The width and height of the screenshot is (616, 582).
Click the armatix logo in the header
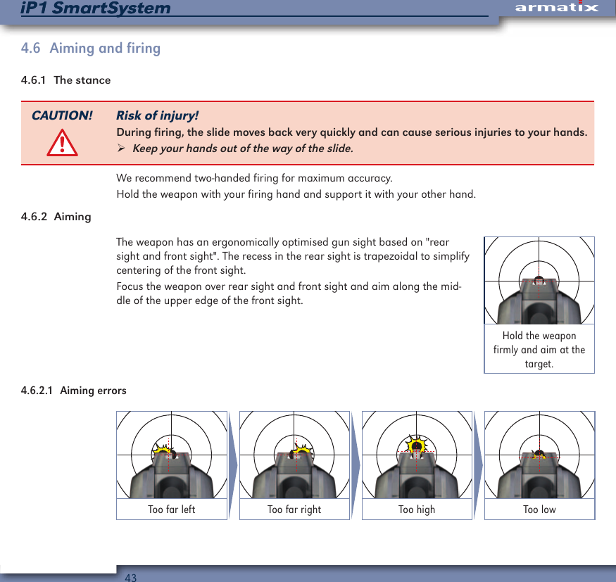click(x=556, y=8)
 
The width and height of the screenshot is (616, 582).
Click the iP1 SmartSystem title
click(x=96, y=8)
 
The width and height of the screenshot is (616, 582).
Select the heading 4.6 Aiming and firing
click(x=91, y=49)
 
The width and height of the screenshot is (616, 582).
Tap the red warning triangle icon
click(x=62, y=144)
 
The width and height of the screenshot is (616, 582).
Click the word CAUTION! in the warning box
click(x=62, y=115)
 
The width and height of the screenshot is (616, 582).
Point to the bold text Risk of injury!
click(x=157, y=115)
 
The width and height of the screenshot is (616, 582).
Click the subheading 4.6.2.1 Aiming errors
click(x=74, y=391)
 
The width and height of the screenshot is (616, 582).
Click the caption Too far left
click(x=172, y=510)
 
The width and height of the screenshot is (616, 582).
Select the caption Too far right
click(x=294, y=510)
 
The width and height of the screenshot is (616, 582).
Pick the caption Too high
click(x=417, y=510)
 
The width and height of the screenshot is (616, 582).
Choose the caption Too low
click(x=539, y=510)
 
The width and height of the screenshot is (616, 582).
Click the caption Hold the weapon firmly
click(x=539, y=350)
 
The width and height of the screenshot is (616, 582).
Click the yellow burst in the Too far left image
click(x=164, y=452)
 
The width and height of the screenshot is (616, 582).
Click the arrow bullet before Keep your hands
click(x=121, y=148)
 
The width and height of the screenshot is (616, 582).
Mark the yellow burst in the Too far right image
click(x=303, y=452)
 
